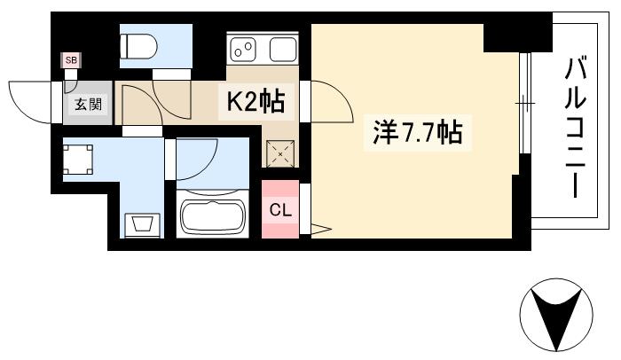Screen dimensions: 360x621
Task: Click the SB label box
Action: [69, 61]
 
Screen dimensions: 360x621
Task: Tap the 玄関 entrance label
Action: [87, 104]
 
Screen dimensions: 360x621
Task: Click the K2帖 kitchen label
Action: [257, 103]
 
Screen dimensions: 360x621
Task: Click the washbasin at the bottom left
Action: [141, 223]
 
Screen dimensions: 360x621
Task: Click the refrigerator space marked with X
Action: [281, 153]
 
